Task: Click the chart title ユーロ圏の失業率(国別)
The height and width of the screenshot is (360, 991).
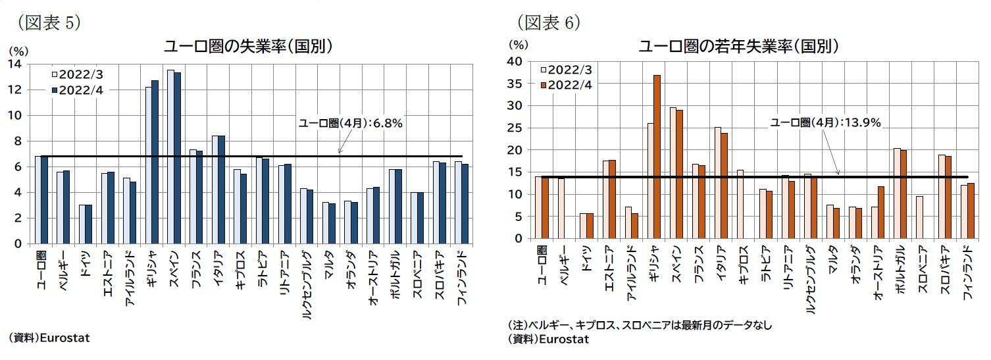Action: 246,47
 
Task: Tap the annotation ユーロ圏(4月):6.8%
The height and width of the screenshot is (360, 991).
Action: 350,123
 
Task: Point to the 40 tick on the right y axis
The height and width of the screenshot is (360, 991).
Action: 517,61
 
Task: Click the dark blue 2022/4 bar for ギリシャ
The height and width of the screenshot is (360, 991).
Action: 155,162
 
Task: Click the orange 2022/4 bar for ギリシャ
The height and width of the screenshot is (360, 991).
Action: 657,157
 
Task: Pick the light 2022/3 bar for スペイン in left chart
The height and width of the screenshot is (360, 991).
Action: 170,157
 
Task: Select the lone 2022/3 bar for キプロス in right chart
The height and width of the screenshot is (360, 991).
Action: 740,204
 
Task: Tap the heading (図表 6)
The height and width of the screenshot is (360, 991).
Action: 547,22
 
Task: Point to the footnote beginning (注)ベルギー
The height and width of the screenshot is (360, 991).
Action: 639,325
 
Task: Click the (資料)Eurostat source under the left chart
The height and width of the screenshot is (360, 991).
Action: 49,338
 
